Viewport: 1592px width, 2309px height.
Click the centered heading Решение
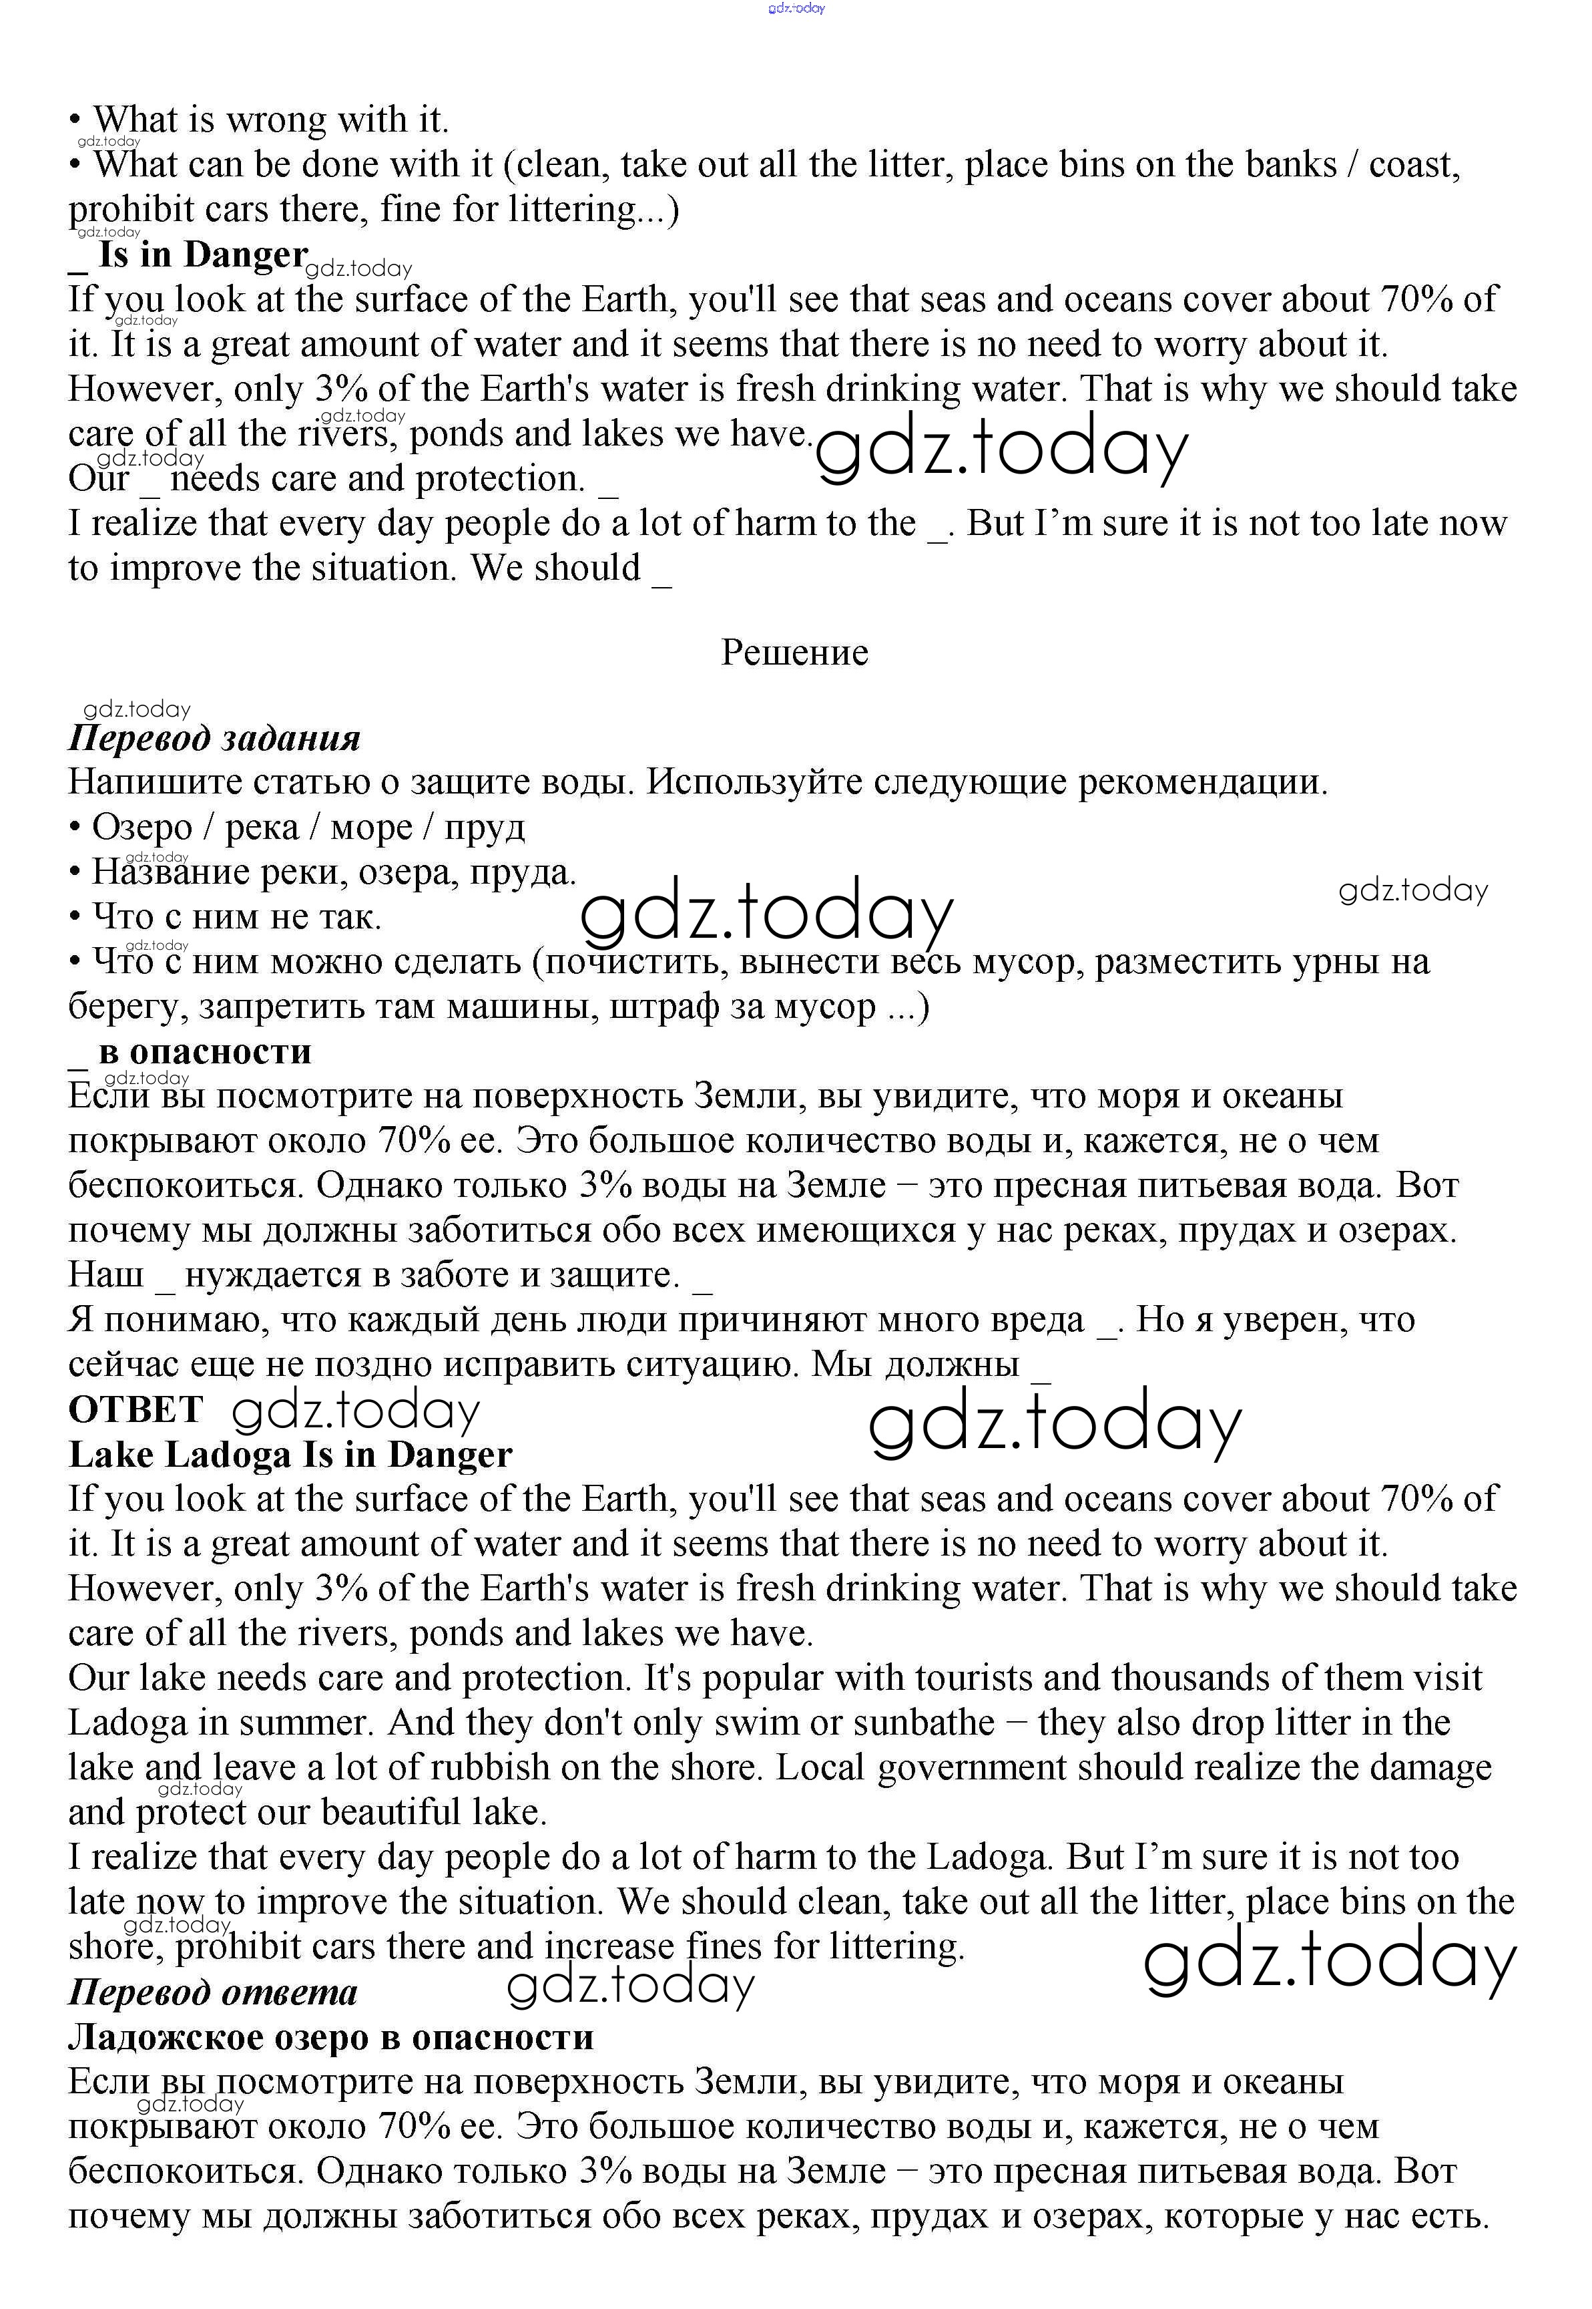click(x=794, y=652)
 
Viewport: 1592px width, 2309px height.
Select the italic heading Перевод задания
click(x=214, y=739)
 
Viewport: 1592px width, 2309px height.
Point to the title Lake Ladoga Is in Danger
click(x=290, y=1454)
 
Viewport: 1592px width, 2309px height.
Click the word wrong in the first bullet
click(x=276, y=120)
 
